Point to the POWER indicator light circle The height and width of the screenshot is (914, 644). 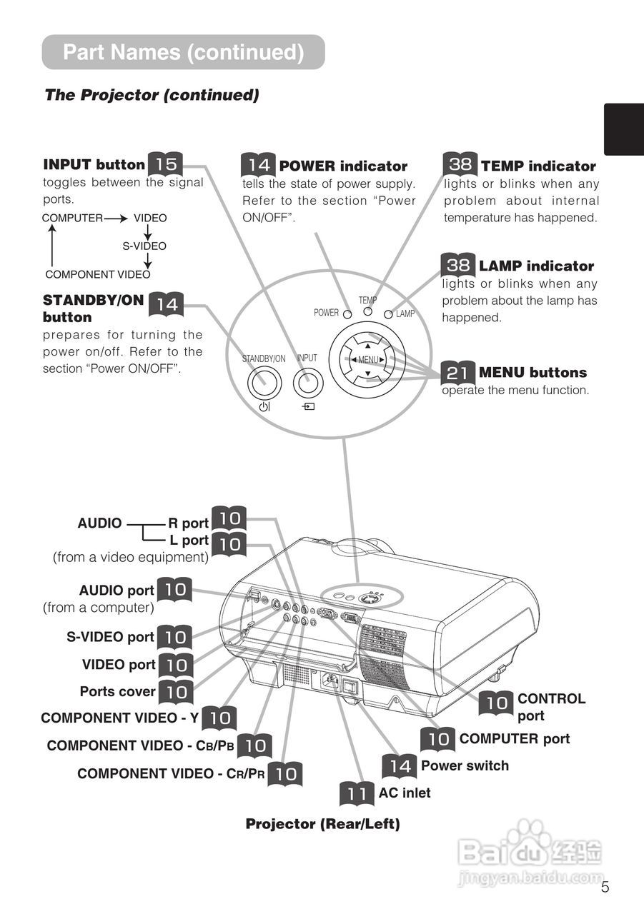click(x=347, y=314)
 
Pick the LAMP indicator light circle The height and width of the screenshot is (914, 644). click(x=390, y=314)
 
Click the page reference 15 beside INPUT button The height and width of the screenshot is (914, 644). click(x=166, y=164)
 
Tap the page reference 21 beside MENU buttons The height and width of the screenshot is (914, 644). click(x=458, y=372)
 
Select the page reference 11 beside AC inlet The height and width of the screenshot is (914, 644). click(x=357, y=793)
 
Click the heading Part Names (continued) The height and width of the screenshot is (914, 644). click(x=183, y=52)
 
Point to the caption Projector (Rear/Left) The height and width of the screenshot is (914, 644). click(x=322, y=824)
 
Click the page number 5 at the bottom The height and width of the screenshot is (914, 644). click(x=605, y=888)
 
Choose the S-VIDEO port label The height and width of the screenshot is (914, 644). click(x=111, y=637)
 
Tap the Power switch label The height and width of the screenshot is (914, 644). click(x=465, y=765)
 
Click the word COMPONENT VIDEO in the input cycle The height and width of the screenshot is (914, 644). click(x=98, y=274)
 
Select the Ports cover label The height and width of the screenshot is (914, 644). click(x=117, y=691)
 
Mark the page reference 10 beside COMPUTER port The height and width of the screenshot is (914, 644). click(x=438, y=738)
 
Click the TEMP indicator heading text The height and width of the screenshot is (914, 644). click(x=538, y=166)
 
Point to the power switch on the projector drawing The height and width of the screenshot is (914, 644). click(x=350, y=687)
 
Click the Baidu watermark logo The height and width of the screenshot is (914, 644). click(x=530, y=849)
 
